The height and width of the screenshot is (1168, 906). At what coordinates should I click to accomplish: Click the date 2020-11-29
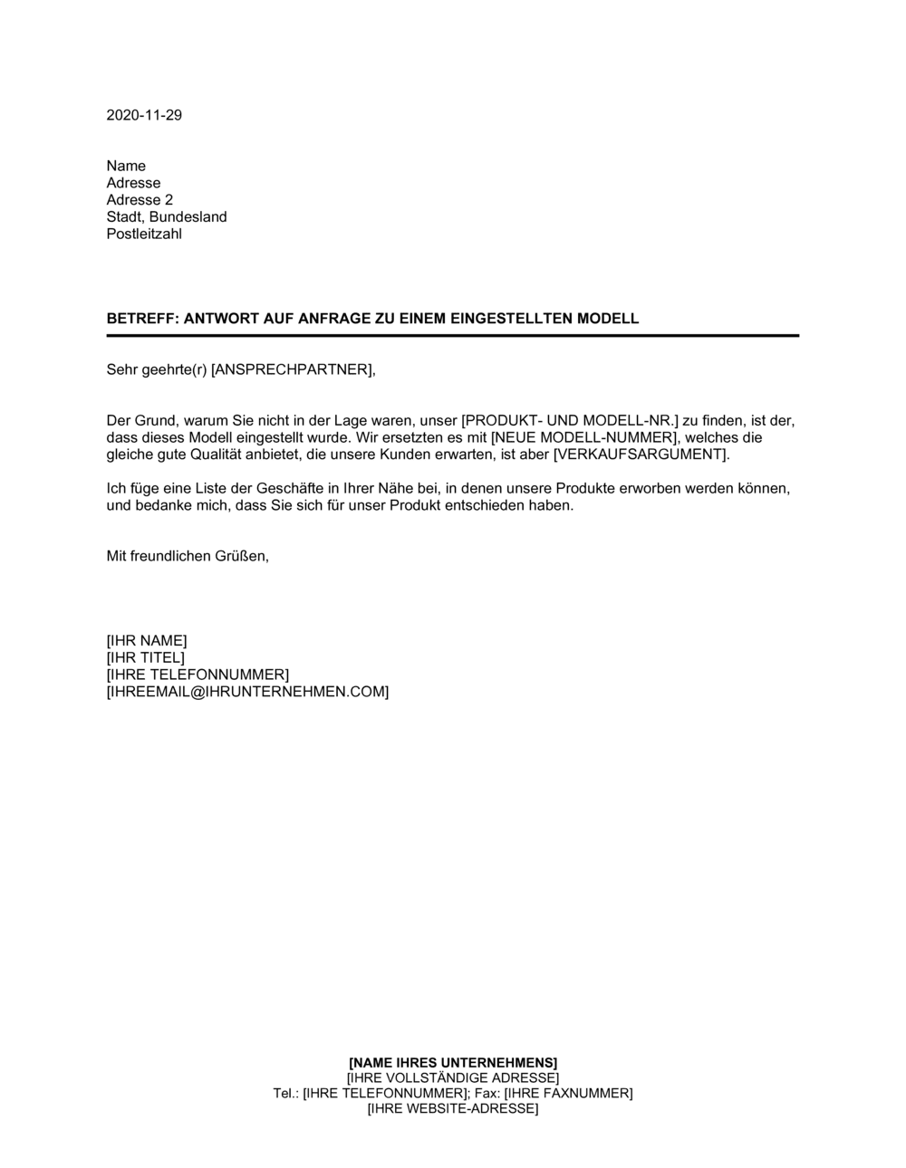coord(144,115)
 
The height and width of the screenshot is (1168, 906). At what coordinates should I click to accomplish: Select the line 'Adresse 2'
coord(140,200)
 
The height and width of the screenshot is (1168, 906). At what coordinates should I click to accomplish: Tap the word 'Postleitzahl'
coord(144,234)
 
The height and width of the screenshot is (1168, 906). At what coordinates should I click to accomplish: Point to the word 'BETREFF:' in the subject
coord(137,319)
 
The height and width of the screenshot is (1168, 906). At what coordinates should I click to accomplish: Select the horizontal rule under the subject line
coord(453,336)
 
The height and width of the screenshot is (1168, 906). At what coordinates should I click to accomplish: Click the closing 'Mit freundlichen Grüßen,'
coord(188,556)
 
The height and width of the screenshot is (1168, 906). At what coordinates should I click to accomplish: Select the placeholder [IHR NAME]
coord(147,641)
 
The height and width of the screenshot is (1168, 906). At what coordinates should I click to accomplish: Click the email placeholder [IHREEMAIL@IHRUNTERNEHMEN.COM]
coord(247,692)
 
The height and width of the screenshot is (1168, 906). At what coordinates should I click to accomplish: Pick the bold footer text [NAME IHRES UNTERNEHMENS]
coord(453,1062)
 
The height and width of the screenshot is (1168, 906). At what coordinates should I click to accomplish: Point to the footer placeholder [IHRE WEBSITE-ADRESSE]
coord(453,1109)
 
